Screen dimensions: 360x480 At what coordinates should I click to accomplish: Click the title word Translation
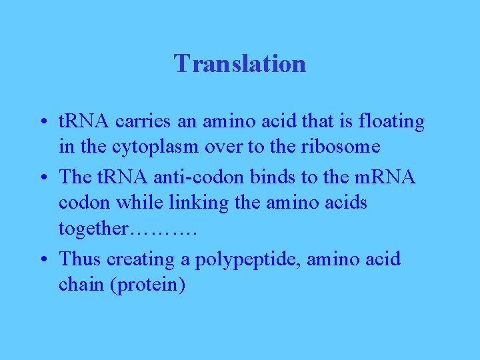tap(240, 64)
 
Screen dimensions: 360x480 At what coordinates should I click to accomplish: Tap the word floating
tap(391, 122)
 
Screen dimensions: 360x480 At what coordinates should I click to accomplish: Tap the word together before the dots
tap(93, 229)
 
